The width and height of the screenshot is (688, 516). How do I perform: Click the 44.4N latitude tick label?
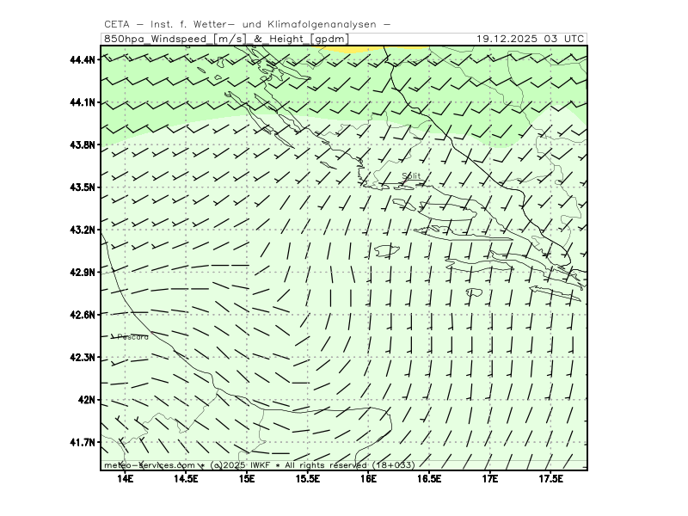[82, 59]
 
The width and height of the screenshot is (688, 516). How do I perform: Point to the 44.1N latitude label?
[82, 102]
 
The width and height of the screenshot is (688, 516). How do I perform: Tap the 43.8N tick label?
[82, 144]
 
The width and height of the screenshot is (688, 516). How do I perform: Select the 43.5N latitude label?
[82, 187]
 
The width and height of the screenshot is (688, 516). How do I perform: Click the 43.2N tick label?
[82, 230]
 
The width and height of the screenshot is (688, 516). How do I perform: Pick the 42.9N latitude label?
[82, 272]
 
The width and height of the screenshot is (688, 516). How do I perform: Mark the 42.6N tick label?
[82, 315]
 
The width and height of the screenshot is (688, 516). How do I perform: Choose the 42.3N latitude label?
[82, 357]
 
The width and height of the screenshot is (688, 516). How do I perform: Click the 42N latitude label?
[87, 400]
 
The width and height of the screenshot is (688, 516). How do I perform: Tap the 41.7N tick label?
[82, 442]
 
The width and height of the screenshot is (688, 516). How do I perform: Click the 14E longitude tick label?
[126, 478]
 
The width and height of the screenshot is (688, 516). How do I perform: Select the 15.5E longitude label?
[308, 478]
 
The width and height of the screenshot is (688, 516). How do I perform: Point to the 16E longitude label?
[369, 478]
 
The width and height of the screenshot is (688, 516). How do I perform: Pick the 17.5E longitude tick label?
[550, 478]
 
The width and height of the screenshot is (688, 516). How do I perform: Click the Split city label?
[412, 176]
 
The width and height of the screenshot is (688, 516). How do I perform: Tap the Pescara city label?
[132, 337]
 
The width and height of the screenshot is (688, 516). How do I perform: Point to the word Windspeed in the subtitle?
[182, 39]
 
